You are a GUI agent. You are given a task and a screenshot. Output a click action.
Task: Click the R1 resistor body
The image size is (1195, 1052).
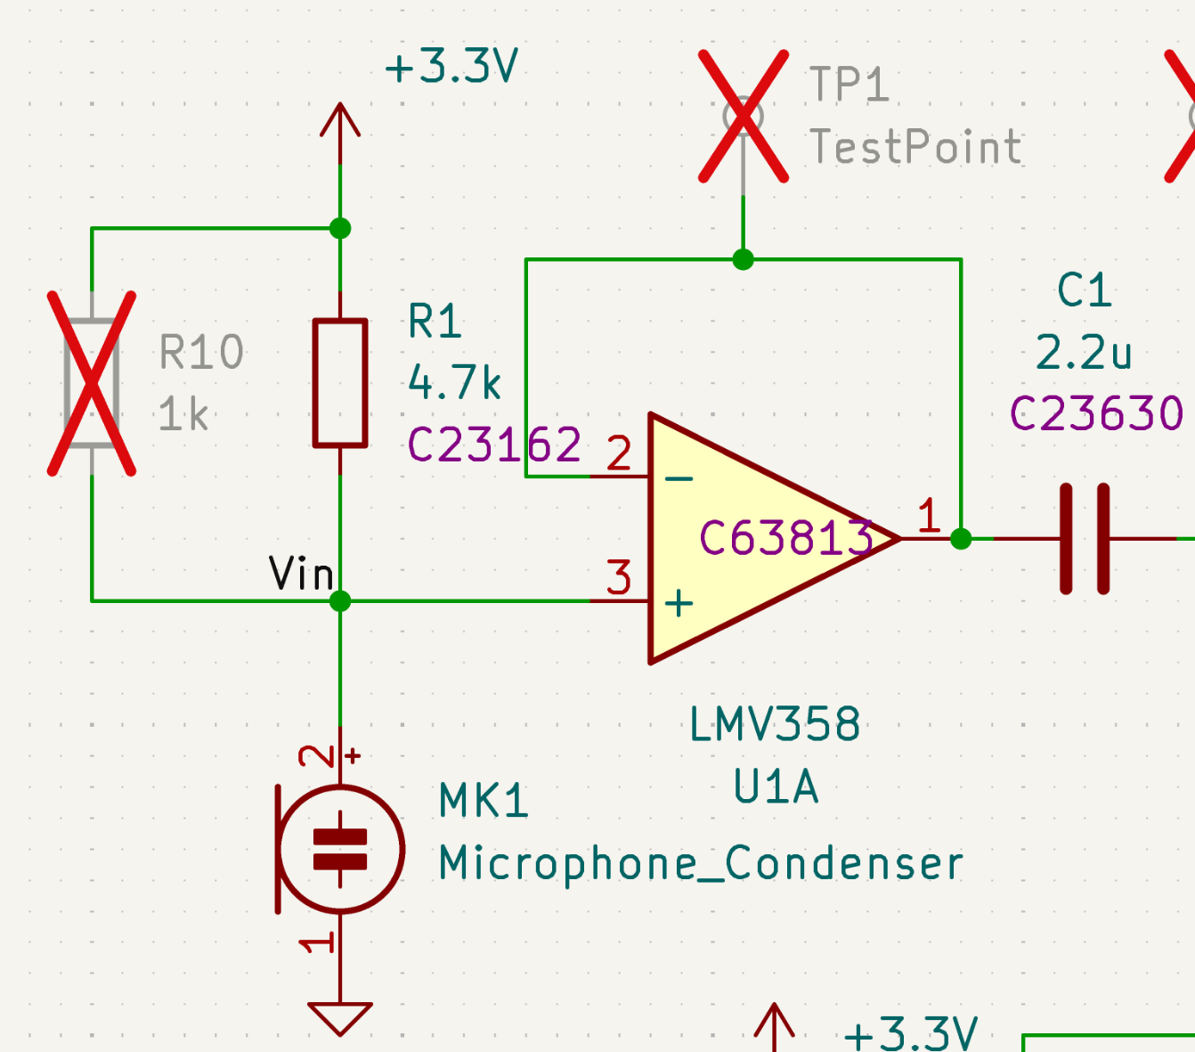pyautogui.click(x=340, y=383)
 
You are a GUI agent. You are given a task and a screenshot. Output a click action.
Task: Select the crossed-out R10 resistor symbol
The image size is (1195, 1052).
pyautogui.click(x=92, y=383)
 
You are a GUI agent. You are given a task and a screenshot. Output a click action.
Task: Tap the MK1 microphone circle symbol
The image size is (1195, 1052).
pyautogui.click(x=341, y=849)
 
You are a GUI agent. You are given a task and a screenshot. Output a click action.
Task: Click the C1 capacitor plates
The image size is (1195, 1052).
pyautogui.click(x=1085, y=539)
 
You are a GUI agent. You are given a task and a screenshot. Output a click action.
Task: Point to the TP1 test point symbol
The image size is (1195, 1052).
pyautogui.click(x=743, y=116)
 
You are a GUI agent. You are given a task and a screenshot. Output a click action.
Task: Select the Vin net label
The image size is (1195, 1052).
pyautogui.click(x=301, y=574)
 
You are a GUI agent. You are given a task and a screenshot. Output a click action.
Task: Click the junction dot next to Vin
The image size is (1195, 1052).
pyautogui.click(x=340, y=601)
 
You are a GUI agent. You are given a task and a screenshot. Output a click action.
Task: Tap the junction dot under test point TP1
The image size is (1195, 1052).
pyautogui.click(x=743, y=259)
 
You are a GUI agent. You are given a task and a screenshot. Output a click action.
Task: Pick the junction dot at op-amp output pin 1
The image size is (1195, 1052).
pyautogui.click(x=961, y=539)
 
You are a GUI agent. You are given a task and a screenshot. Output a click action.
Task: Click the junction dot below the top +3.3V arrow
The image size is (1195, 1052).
pyautogui.click(x=340, y=228)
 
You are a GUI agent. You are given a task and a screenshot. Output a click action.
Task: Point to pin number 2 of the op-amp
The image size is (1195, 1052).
pyautogui.click(x=619, y=454)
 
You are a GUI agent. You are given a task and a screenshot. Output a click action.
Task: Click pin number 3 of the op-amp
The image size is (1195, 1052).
pyautogui.click(x=619, y=578)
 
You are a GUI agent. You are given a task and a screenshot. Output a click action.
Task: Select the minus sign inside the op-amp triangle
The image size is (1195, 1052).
pyautogui.click(x=679, y=479)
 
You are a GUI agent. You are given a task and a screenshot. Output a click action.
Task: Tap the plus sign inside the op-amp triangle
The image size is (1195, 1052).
pyautogui.click(x=679, y=603)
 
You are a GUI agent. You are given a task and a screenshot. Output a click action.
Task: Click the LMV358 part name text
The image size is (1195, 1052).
pyautogui.click(x=775, y=725)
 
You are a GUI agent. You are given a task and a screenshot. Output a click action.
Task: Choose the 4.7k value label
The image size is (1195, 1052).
pyautogui.click(x=454, y=383)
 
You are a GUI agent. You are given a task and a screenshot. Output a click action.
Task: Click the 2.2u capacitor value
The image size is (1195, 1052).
pyautogui.click(x=1084, y=353)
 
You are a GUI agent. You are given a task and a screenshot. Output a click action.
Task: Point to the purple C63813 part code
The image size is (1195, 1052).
pyautogui.click(x=785, y=538)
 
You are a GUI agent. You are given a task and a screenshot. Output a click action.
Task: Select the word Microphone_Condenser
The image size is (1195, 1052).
pyautogui.click(x=701, y=863)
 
